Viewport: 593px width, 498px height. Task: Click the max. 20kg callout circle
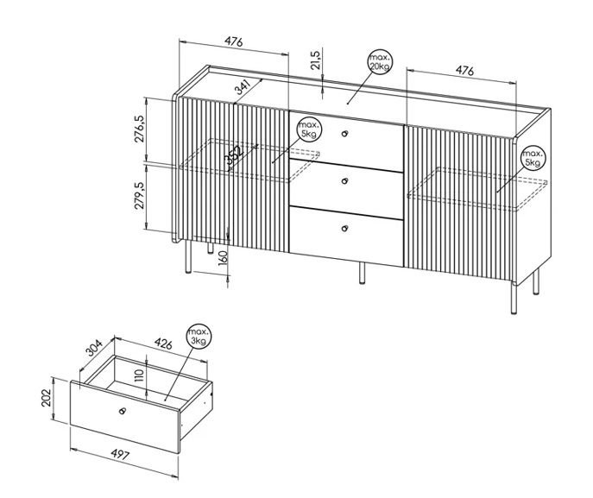click(380, 61)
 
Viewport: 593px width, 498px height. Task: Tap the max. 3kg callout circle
click(199, 336)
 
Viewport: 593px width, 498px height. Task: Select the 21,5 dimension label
click(315, 60)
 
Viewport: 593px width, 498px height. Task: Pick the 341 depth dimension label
click(243, 87)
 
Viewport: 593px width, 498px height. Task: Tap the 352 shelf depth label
click(233, 155)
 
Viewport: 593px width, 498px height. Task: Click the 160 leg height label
click(223, 258)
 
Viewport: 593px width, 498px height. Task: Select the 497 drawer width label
click(121, 454)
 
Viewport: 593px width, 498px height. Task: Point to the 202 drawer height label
click(46, 398)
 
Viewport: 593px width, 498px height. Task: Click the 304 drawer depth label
click(94, 349)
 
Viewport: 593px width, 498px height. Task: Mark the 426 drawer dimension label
click(163, 344)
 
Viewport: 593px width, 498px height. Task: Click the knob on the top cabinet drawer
click(344, 134)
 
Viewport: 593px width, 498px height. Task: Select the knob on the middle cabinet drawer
click(344, 181)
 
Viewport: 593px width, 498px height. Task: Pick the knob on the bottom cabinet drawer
click(344, 228)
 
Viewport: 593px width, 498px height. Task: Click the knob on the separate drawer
click(123, 411)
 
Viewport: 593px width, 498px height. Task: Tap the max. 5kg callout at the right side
click(533, 158)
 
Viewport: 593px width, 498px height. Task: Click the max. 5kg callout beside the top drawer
click(310, 129)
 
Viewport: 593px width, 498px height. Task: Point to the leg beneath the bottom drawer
click(362, 273)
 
